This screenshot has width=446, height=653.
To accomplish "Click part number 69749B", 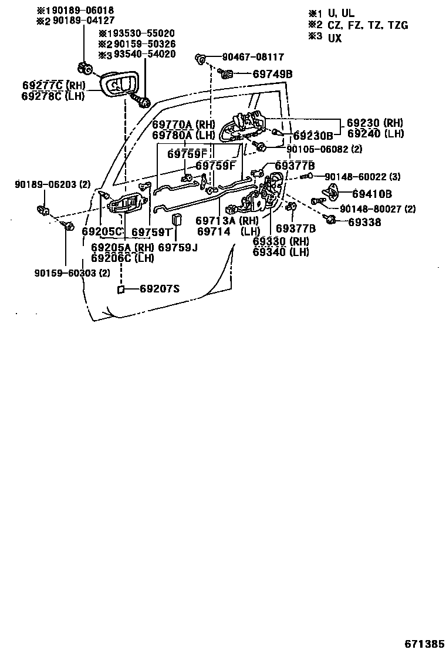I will click(x=273, y=74).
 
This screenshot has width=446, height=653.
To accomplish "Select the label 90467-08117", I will click(x=253, y=58).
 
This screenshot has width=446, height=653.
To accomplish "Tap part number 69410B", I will click(x=373, y=194).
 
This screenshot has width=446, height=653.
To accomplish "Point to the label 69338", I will click(x=364, y=222).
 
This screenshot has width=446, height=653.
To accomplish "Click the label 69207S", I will click(x=160, y=288).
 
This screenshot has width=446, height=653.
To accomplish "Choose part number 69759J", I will click(x=178, y=248).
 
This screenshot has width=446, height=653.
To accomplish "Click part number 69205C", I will click(x=102, y=231).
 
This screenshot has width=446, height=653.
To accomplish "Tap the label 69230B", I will click(x=313, y=136).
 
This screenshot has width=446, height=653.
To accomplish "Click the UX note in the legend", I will click(x=334, y=38).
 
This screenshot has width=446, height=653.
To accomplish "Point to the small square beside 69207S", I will click(x=120, y=289).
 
